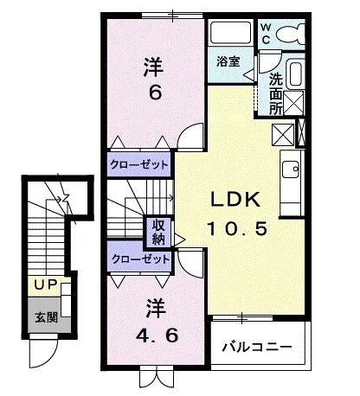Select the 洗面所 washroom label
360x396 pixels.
275,93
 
